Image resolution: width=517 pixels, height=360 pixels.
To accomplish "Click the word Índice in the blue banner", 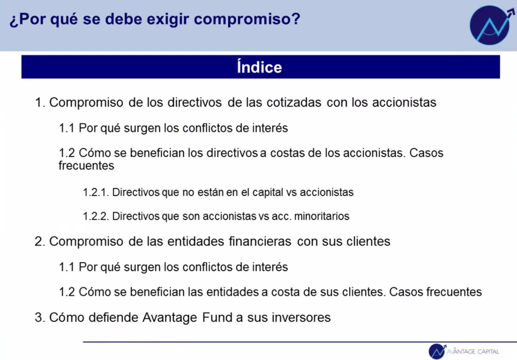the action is coord(260,67).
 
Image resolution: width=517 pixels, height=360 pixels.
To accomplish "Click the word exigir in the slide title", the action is coord(168,19).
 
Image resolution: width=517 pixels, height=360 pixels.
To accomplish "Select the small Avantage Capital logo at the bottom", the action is coord(464,351).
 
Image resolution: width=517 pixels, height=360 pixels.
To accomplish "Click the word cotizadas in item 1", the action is coord(294,102).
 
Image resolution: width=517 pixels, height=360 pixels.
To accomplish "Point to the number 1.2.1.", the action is coord(96,192).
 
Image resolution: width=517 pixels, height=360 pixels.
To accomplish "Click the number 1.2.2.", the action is coord(96,216).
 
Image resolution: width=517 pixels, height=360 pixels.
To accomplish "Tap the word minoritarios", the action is coord(322,216).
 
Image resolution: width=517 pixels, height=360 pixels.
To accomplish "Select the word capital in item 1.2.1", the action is coord(268,193).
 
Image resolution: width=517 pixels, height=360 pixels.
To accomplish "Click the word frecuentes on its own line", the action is coord(86,165).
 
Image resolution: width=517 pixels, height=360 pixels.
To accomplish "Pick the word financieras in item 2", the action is coord(260,241).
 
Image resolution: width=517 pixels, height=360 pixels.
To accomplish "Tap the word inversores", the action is coord(301,317).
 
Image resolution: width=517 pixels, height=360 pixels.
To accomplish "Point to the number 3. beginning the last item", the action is coord(40,317).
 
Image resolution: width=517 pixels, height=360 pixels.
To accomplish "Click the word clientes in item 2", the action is coord(368,241).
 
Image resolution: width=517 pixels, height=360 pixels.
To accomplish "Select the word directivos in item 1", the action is coord(195,102).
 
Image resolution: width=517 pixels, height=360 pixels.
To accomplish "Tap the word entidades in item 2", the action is coord(196,241).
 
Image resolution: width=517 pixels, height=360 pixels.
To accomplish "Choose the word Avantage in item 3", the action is coord(170,318).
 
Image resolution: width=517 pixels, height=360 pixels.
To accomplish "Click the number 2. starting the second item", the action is coord(40,241).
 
